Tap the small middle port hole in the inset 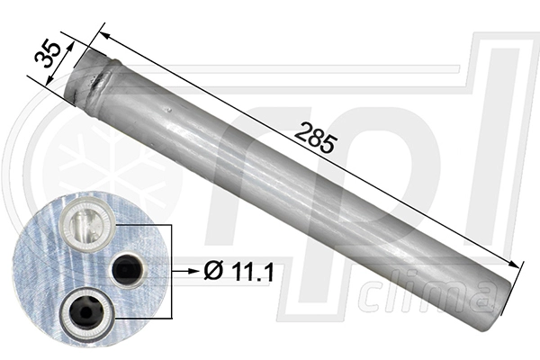tap(125, 267)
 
